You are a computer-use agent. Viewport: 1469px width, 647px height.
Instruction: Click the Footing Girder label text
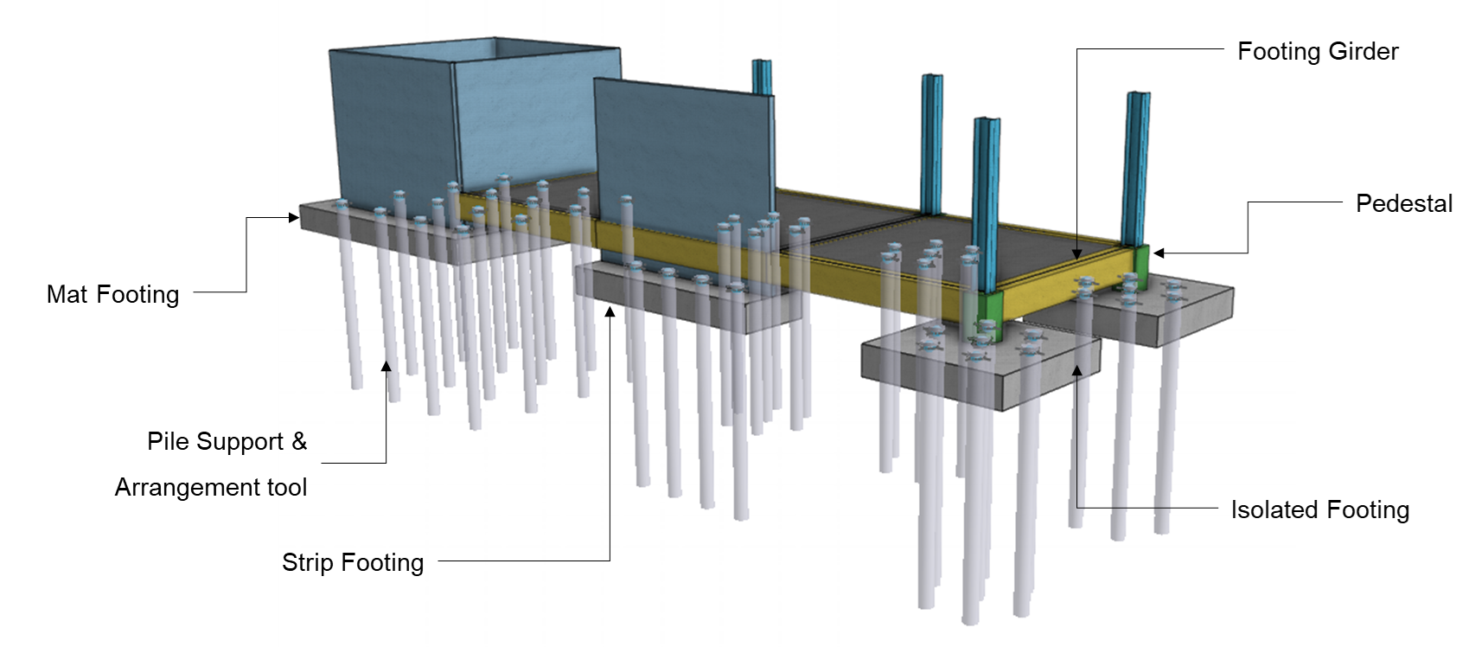pyautogui.click(x=1318, y=52)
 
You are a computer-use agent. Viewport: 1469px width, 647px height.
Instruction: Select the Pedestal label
pyautogui.click(x=1403, y=203)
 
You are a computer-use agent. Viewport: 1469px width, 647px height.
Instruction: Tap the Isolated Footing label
pyautogui.click(x=1320, y=510)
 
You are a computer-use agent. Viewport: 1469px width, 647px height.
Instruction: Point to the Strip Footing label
pyautogui.click(x=353, y=563)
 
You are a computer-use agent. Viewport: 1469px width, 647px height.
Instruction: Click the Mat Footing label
pyautogui.click(x=113, y=295)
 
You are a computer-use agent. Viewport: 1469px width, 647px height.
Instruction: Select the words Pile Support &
pyautogui.click(x=227, y=442)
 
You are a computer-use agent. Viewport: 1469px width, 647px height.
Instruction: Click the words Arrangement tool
pyautogui.click(x=211, y=488)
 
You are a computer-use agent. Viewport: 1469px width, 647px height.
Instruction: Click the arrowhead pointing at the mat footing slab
pyautogui.click(x=294, y=218)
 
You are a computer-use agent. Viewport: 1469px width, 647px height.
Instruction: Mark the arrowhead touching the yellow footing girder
pyautogui.click(x=1076, y=253)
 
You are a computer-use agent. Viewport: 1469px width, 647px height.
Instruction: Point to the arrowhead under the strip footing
pyautogui.click(x=610, y=312)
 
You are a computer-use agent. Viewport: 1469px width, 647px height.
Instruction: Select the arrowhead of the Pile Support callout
pyautogui.click(x=386, y=367)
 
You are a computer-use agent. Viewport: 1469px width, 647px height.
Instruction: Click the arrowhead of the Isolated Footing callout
pyautogui.click(x=1076, y=371)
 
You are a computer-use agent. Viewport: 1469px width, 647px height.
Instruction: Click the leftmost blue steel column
pyautogui.click(x=761, y=76)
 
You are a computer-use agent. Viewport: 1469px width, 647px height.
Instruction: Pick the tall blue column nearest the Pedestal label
pyautogui.click(x=1136, y=164)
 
